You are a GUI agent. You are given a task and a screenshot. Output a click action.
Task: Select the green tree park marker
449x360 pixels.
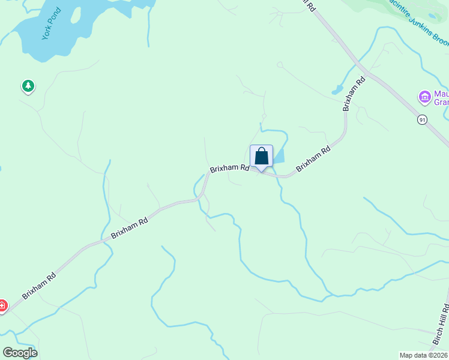pos(28,86)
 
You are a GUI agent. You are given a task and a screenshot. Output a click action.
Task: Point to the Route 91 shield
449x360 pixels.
pos(423,120)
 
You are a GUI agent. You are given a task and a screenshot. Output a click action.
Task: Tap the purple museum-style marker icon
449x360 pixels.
pos(424,96)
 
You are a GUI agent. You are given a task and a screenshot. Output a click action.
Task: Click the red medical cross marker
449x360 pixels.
pos(2,306)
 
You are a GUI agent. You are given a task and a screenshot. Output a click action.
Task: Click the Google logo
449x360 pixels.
pos(20,352)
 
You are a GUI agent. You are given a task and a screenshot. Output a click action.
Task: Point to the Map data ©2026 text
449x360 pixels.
pos(423,355)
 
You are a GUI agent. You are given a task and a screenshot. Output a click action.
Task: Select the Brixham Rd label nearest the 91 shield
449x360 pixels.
pos(354,94)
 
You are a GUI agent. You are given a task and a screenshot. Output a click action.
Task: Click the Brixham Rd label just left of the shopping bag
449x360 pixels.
pos(229,169)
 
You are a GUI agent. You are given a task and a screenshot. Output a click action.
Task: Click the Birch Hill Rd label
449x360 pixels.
pos(442,328)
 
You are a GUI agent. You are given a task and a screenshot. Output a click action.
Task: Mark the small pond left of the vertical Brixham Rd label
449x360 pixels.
pos(337,91)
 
